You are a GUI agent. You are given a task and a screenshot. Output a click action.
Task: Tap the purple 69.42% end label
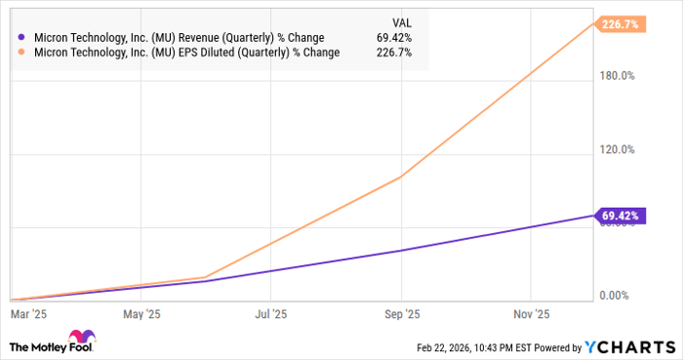point(620,215)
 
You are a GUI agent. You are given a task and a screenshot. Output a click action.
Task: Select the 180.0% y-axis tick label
point(616,75)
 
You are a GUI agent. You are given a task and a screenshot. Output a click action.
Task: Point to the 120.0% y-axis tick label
point(616,150)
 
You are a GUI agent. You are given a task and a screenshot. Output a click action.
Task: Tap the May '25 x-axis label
point(142,314)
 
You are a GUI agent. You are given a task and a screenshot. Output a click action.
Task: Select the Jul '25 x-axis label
point(270,314)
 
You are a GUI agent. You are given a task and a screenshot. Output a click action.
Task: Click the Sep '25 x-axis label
point(402,314)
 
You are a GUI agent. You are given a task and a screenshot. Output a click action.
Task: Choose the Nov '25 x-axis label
point(530,314)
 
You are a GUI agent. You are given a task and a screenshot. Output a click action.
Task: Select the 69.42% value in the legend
point(394,38)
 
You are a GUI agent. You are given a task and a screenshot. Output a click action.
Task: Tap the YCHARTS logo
point(627,346)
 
